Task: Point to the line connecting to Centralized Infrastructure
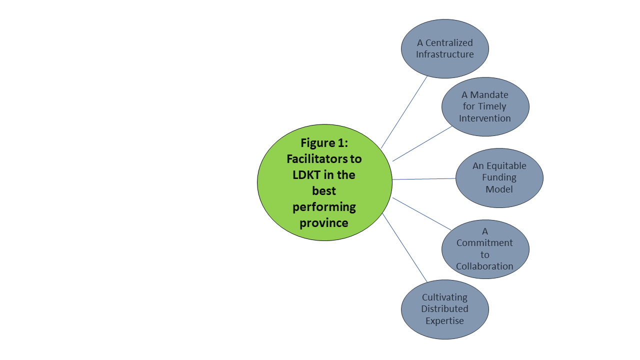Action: (x=404, y=112)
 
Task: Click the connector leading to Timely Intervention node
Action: (x=422, y=143)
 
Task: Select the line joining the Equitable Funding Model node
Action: (x=424, y=178)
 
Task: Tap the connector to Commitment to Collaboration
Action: (x=422, y=213)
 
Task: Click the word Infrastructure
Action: (x=444, y=54)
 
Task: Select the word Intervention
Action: (x=485, y=118)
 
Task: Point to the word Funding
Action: (x=499, y=177)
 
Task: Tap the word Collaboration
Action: (x=484, y=266)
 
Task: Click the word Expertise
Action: (x=444, y=321)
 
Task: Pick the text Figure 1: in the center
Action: (x=324, y=143)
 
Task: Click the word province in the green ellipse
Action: (x=324, y=223)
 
